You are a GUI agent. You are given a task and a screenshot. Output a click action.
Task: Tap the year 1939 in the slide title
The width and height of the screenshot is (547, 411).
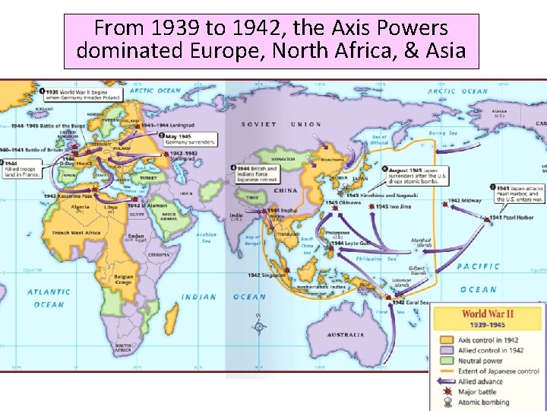pyautogui.click(x=175, y=29)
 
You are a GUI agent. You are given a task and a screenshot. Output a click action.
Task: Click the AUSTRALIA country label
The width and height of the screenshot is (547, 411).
pyautogui.click(x=346, y=335)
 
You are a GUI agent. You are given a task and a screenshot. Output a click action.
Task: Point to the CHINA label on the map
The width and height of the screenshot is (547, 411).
pyautogui.click(x=286, y=190)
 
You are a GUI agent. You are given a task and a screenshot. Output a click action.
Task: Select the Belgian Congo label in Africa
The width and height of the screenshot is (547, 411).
pyautogui.click(x=122, y=280)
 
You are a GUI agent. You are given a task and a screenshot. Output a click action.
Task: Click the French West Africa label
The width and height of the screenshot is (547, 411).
pyautogui.click(x=76, y=233)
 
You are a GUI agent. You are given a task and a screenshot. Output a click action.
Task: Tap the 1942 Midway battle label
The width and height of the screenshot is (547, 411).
pyautogui.click(x=465, y=201)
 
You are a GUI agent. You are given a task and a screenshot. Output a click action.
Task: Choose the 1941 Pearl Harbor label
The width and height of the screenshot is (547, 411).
pyautogui.click(x=506, y=218)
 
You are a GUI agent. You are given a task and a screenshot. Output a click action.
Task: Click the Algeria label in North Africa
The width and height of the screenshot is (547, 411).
pyautogui.click(x=80, y=207)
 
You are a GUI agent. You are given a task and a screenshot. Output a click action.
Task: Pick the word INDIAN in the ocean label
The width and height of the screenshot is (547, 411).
pyautogui.click(x=198, y=298)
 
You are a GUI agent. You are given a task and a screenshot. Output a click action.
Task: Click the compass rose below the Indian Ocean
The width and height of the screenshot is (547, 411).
pyautogui.click(x=260, y=327)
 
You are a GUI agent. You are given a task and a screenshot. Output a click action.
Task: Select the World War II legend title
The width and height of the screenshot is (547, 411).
pyautogui.click(x=486, y=314)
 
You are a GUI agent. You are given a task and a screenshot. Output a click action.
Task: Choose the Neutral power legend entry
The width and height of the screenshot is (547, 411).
pyautogui.click(x=481, y=361)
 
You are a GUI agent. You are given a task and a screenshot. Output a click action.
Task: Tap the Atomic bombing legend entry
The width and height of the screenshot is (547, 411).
pyautogui.click(x=483, y=402)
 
